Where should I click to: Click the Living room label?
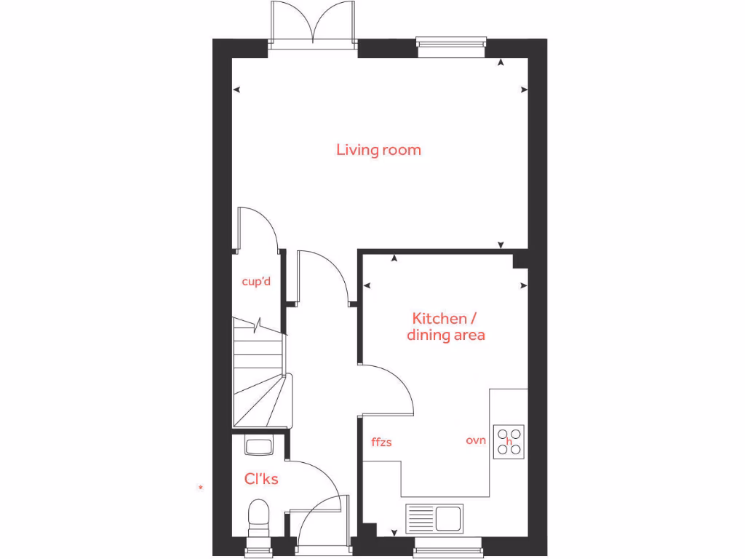[378, 150]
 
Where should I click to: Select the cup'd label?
[256, 282]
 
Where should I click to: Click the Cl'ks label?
[261, 479]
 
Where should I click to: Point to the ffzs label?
[381, 441]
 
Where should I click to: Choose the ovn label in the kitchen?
[476, 440]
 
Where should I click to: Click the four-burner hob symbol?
[509, 440]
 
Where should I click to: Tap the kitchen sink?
[434, 518]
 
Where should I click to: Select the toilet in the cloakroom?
[258, 518]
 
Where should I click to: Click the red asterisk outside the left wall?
[201, 487]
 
